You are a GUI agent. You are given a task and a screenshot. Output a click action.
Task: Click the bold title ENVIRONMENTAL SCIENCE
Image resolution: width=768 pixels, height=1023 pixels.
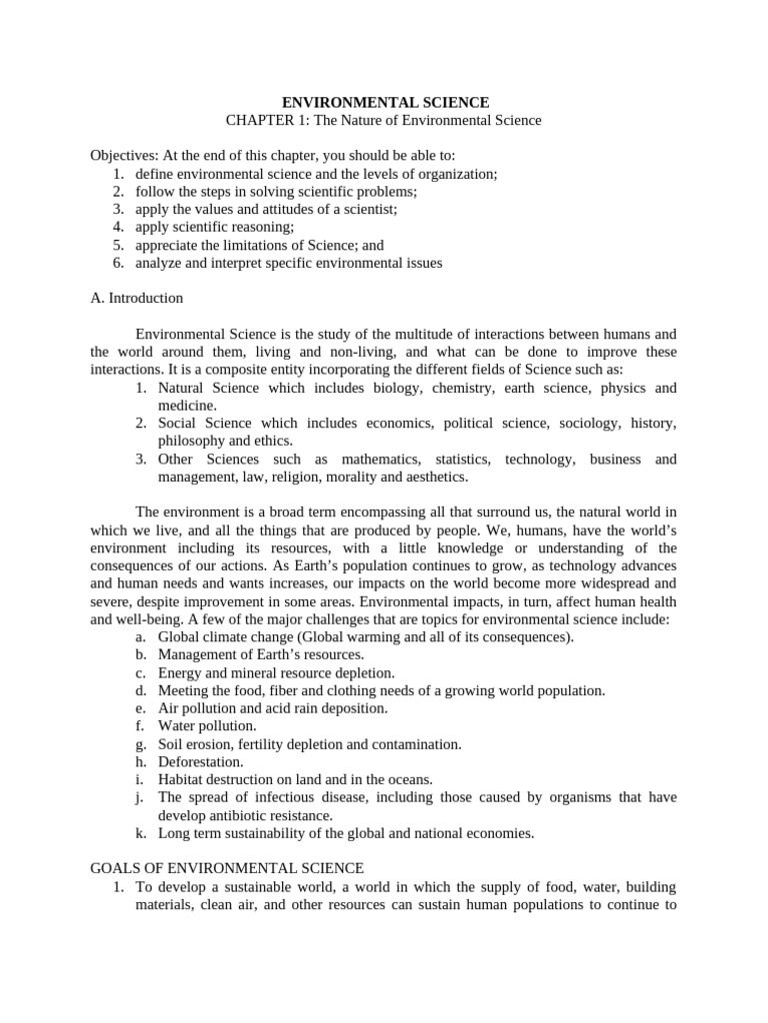(x=385, y=102)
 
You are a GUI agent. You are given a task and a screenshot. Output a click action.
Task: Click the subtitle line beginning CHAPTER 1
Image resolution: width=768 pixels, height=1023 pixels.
(x=384, y=121)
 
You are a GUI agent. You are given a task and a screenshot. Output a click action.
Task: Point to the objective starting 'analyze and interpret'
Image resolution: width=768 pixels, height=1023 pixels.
(x=289, y=263)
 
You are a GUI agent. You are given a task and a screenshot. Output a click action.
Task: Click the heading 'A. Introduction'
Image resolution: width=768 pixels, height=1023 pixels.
(x=137, y=298)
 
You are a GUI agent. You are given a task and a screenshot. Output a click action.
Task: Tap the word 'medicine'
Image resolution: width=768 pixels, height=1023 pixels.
(x=187, y=405)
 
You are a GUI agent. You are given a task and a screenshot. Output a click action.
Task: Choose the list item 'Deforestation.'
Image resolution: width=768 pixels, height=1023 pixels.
(x=201, y=761)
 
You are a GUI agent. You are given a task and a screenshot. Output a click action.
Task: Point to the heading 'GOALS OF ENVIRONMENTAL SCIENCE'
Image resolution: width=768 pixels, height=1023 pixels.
(x=227, y=868)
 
